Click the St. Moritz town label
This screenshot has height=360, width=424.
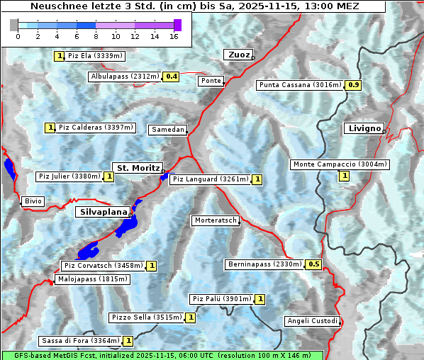(x=137, y=168)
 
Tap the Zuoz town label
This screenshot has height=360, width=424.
(x=238, y=55)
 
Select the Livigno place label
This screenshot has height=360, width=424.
(x=363, y=128)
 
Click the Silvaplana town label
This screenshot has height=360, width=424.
(x=103, y=212)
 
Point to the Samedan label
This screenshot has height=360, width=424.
(x=167, y=130)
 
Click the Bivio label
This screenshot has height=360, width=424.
(x=33, y=202)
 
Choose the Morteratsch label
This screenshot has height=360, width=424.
(x=216, y=221)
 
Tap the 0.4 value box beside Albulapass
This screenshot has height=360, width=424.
(x=171, y=77)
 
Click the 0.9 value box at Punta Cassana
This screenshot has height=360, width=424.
(x=354, y=86)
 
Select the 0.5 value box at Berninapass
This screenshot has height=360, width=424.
(x=314, y=265)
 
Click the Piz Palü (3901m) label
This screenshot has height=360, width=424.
(x=221, y=299)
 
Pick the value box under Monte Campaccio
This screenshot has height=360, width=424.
(x=345, y=176)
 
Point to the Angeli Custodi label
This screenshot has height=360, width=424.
(x=312, y=321)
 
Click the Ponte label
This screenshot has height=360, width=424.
(x=211, y=81)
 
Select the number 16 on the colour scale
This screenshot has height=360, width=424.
(x=173, y=36)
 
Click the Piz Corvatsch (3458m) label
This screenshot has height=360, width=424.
(x=103, y=266)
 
